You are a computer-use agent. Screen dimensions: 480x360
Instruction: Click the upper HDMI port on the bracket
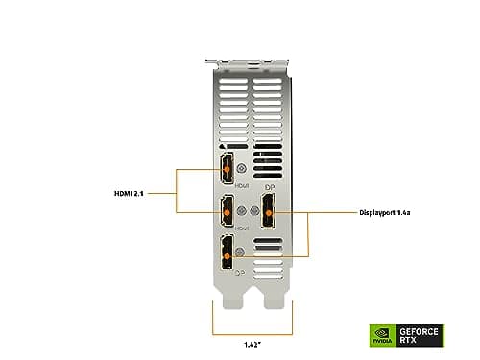227,168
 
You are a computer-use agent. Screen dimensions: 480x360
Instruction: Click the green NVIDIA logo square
380,335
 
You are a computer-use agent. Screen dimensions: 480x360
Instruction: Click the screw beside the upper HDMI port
251,168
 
